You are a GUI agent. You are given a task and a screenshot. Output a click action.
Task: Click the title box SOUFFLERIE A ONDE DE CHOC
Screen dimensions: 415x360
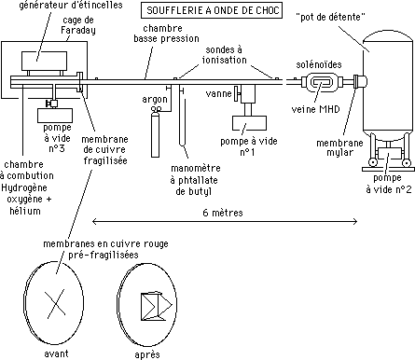(212, 10)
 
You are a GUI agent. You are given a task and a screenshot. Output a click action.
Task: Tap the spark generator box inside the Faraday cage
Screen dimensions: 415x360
(44, 61)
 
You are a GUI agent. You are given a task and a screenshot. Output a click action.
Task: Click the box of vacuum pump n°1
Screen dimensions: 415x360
(249, 123)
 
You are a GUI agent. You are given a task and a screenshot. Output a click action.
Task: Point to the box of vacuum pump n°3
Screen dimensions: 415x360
(55, 116)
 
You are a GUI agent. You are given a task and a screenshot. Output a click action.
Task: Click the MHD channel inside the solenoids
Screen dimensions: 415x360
(322, 82)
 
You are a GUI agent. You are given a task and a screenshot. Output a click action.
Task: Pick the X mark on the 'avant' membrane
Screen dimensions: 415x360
(55, 304)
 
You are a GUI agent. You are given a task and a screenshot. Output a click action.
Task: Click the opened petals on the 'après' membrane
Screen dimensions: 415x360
(157, 306)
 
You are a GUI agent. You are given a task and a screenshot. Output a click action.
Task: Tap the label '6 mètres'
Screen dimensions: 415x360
(223, 213)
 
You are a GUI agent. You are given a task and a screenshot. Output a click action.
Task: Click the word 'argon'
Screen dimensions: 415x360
(155, 100)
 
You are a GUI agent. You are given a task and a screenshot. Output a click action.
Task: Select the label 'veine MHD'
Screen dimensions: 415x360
(315, 109)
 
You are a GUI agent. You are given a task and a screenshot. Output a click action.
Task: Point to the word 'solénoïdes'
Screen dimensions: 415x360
(319, 64)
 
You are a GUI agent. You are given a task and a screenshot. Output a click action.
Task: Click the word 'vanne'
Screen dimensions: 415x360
(218, 93)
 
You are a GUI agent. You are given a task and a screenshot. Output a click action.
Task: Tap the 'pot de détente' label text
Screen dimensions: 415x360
(332, 17)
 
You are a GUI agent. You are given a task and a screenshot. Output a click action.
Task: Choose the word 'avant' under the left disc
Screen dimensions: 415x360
(56, 353)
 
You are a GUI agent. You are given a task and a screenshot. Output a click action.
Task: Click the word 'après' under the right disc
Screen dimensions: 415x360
(147, 354)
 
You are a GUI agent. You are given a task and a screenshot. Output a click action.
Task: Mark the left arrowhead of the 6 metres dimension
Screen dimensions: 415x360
(94, 221)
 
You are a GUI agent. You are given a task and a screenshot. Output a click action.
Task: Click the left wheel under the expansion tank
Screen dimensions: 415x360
(372, 162)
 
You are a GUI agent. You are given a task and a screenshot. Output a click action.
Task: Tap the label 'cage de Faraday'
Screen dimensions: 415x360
(78, 25)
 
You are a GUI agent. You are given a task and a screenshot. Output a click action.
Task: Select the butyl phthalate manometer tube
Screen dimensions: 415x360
(182, 117)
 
